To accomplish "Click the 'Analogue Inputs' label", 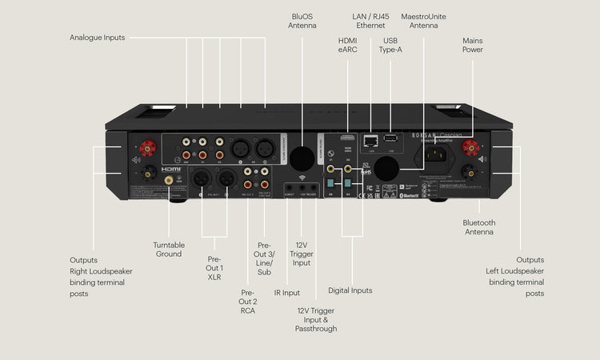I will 97,38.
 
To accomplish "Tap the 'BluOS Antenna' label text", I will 302,21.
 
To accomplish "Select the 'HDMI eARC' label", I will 347,46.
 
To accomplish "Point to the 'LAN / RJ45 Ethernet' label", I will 370,21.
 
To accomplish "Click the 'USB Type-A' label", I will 390,46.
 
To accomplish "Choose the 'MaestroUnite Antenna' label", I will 424,21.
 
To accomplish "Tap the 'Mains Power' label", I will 473,46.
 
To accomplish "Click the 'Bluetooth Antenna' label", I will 479,227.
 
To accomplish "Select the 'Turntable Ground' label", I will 169,250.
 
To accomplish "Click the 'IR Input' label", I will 287,293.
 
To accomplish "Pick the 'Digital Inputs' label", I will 350,290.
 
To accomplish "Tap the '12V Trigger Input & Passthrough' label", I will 317,319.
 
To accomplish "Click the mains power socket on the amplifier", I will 439,151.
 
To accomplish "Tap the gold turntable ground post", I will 169,182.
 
